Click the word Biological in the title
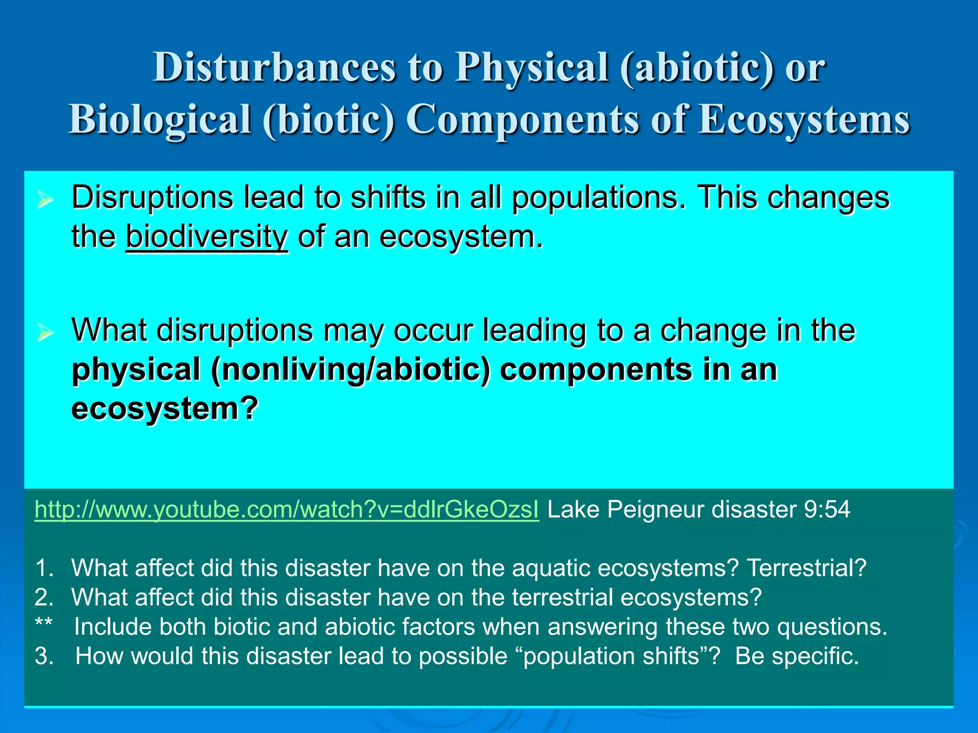(x=160, y=119)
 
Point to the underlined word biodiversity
(x=206, y=237)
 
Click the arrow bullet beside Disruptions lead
(x=45, y=200)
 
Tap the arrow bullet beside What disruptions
(x=45, y=333)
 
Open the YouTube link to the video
(x=287, y=510)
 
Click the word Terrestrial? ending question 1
(x=807, y=568)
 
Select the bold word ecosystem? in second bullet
(x=165, y=409)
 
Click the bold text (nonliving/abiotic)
(x=351, y=370)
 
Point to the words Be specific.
(x=797, y=656)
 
